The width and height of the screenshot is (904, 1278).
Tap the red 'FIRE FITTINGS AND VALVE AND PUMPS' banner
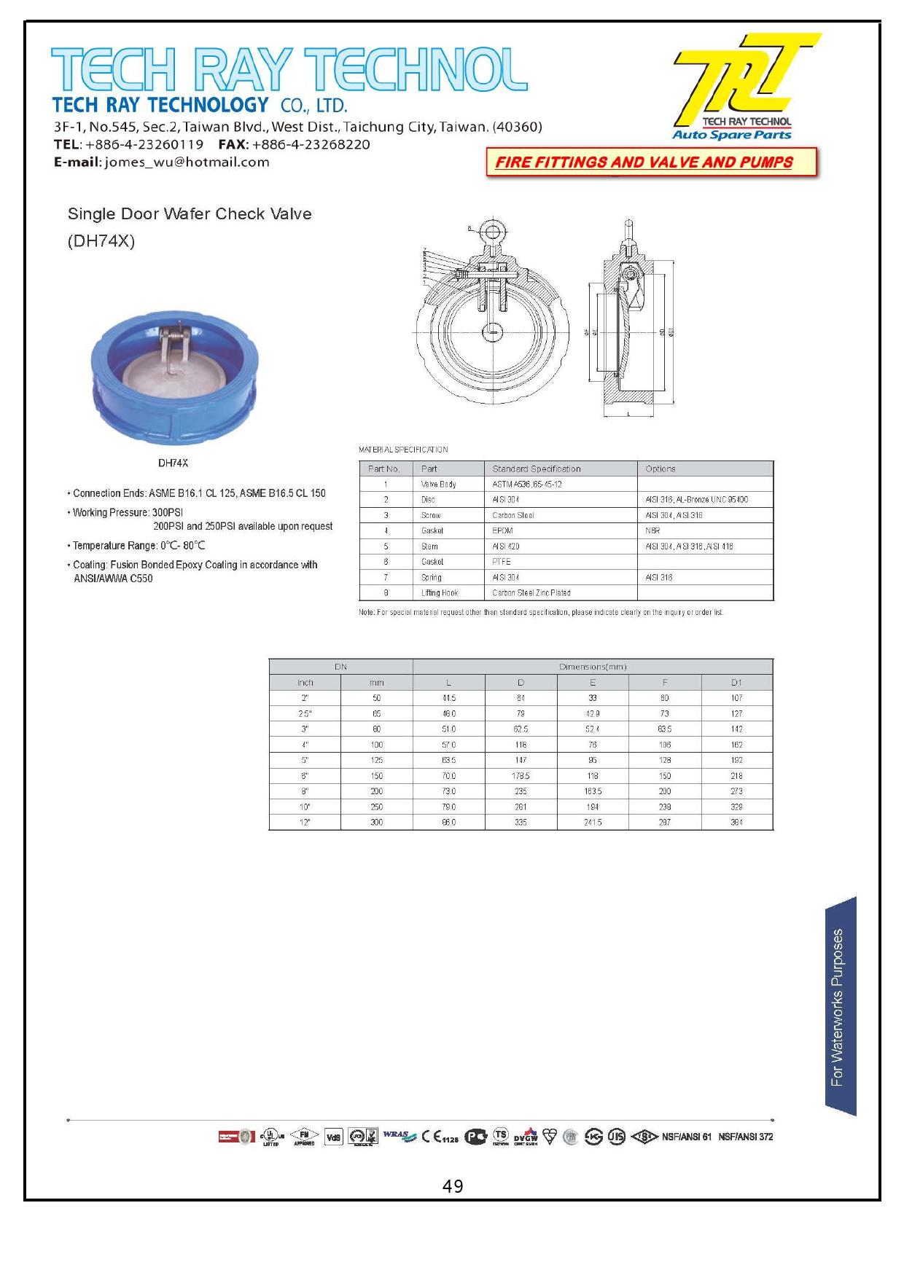644,162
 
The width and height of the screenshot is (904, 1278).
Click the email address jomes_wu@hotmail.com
187,162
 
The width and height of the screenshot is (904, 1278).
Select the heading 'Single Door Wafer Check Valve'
190,214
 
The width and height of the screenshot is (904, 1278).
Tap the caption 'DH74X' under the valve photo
174,463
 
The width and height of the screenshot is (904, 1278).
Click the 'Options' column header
661,469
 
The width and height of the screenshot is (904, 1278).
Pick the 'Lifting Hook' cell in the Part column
440,593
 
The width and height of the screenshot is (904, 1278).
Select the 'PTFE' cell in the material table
502,562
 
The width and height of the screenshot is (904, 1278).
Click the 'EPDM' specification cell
502,530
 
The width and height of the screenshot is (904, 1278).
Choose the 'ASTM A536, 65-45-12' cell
526,485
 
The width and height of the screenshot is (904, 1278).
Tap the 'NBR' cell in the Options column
652,530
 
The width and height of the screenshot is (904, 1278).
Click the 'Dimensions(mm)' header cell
593,667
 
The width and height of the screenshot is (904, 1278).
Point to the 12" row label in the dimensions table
305,823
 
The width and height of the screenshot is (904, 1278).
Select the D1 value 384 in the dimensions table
736,823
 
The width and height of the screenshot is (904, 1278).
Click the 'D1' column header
736,683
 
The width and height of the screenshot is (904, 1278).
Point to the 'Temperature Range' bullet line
139,546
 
